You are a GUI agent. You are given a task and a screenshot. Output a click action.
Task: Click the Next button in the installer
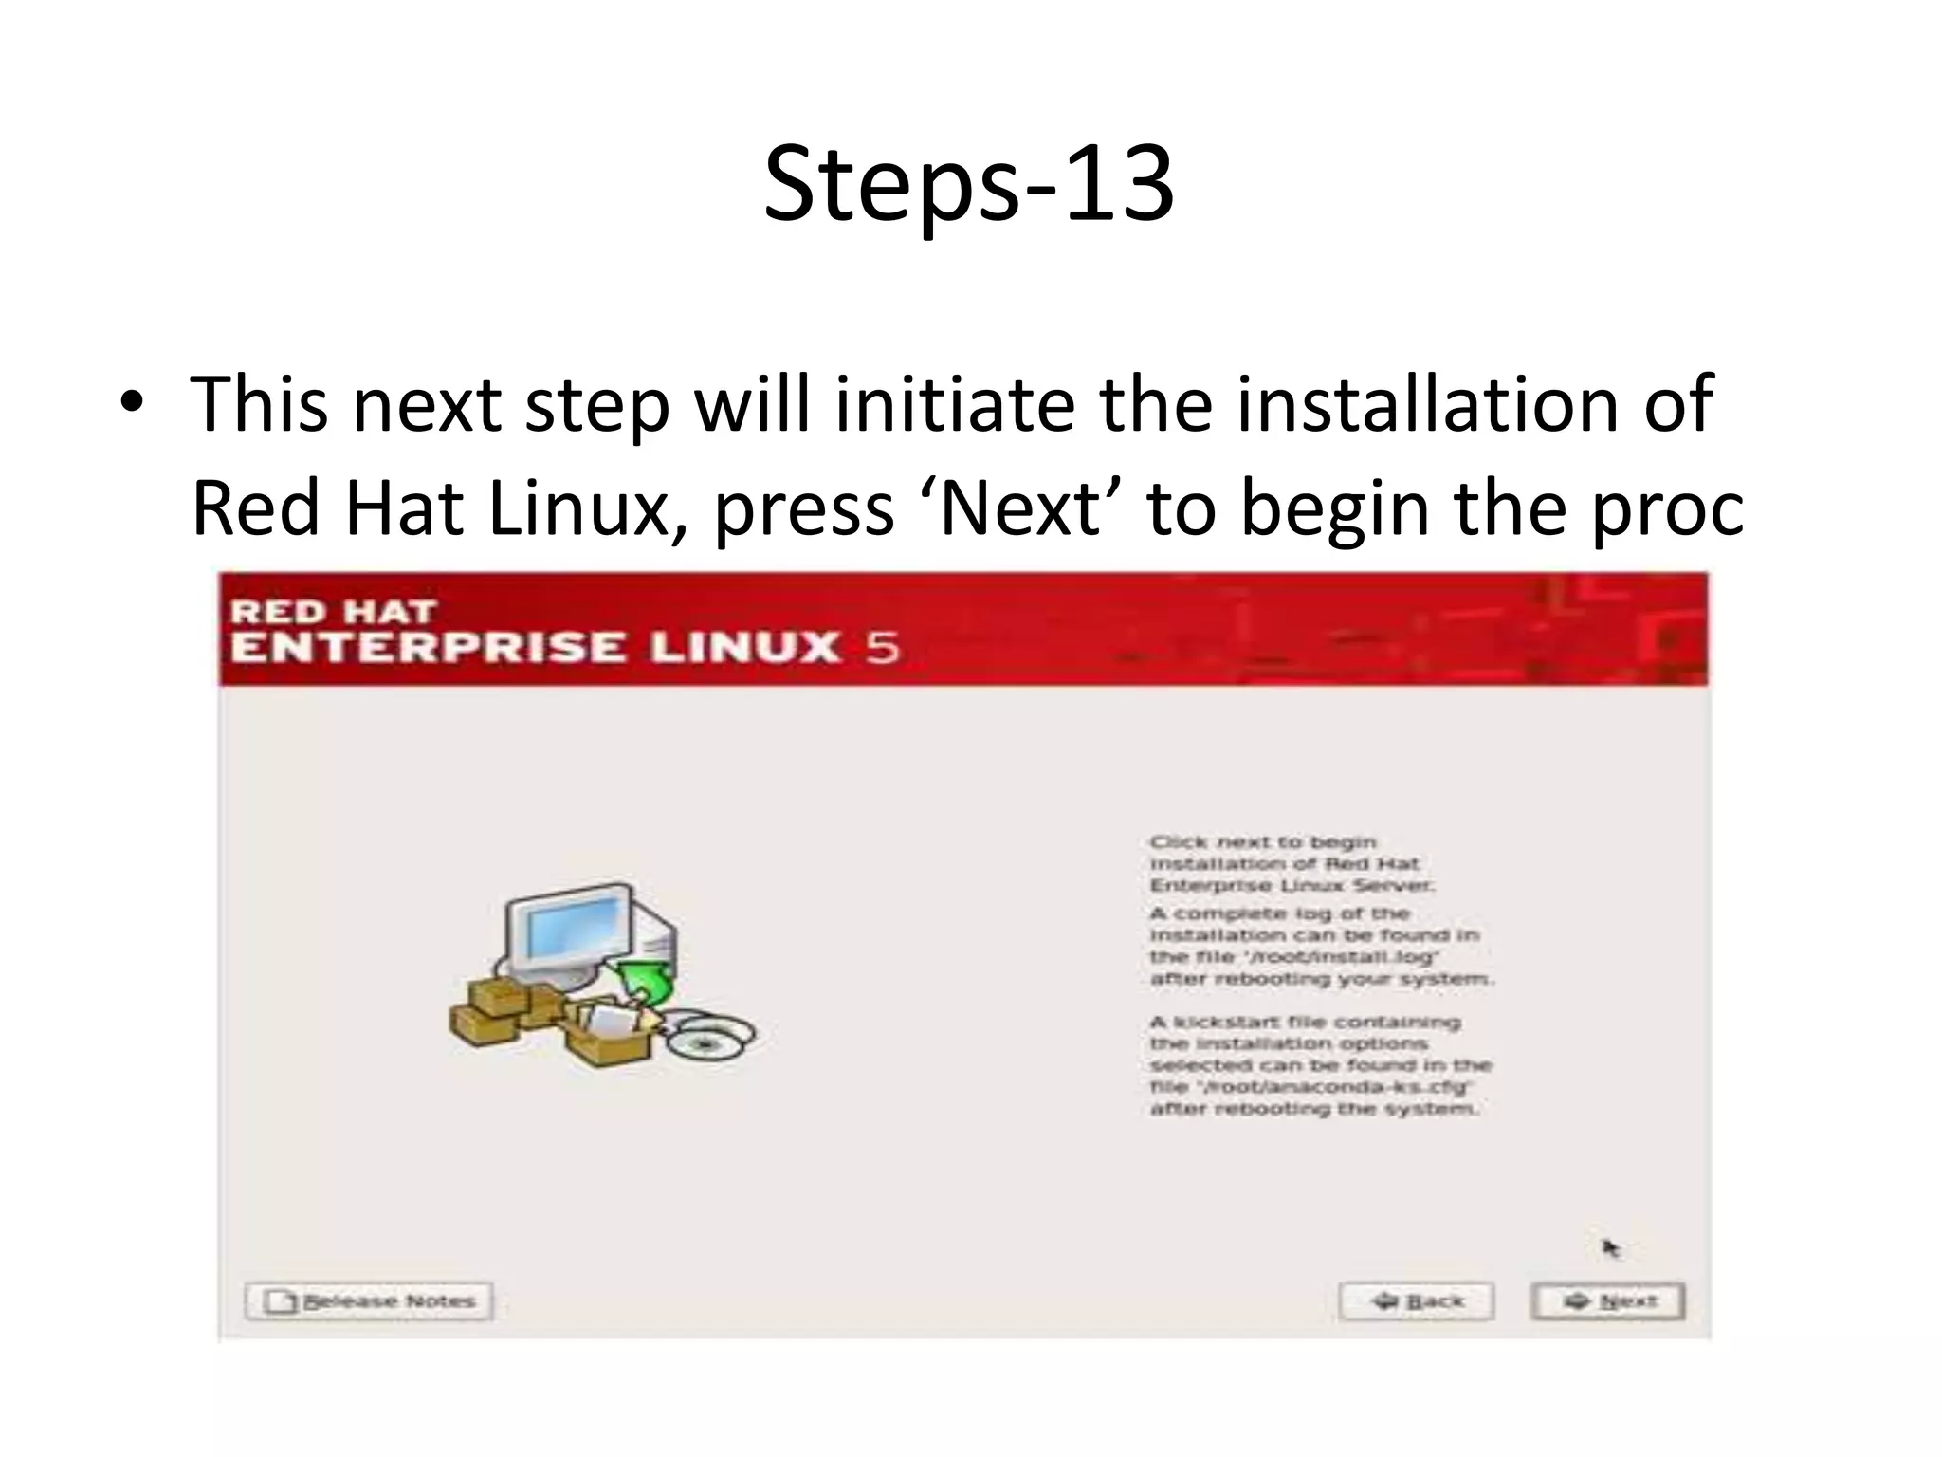point(1607,1300)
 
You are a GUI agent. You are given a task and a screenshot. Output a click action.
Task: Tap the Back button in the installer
point(1416,1300)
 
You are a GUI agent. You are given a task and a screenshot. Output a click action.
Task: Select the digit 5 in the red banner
point(881,648)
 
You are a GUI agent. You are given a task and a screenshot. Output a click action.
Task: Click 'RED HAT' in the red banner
point(333,612)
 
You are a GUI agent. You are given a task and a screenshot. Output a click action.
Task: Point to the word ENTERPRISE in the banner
point(428,648)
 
